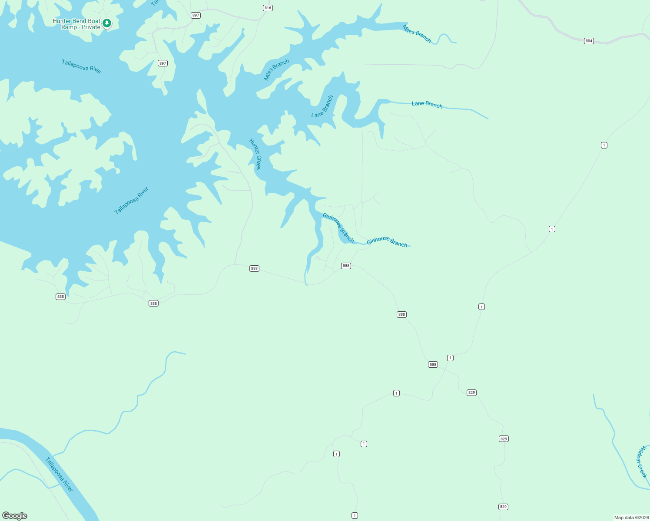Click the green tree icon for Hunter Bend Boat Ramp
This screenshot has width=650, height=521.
tap(107, 23)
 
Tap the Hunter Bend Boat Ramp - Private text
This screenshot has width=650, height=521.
tap(76, 24)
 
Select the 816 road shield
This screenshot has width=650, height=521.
tap(268, 8)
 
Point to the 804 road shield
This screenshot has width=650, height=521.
tap(589, 41)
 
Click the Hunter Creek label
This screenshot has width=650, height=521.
tap(255, 154)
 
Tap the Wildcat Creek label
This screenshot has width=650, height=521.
tap(641, 462)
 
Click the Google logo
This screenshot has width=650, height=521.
tap(15, 516)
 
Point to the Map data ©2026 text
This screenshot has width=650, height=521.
tap(631, 518)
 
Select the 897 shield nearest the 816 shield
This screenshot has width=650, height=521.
tap(196, 15)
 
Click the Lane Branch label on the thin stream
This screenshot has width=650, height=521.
tap(427, 104)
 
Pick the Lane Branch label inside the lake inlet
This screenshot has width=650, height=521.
tap(322, 106)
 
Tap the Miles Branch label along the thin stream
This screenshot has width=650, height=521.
tap(417, 33)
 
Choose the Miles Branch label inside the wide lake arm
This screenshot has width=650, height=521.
tap(277, 70)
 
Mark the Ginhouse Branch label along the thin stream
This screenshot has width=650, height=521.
tap(387, 242)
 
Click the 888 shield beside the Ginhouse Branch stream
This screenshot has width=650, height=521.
tap(346, 266)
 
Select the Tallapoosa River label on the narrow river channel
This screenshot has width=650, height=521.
tap(59, 474)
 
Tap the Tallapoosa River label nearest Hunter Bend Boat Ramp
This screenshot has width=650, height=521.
tap(82, 66)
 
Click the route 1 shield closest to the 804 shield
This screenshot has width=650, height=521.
tap(604, 145)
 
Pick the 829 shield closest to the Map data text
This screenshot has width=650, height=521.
tap(503, 507)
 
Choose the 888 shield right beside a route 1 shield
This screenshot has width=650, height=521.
tap(433, 365)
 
